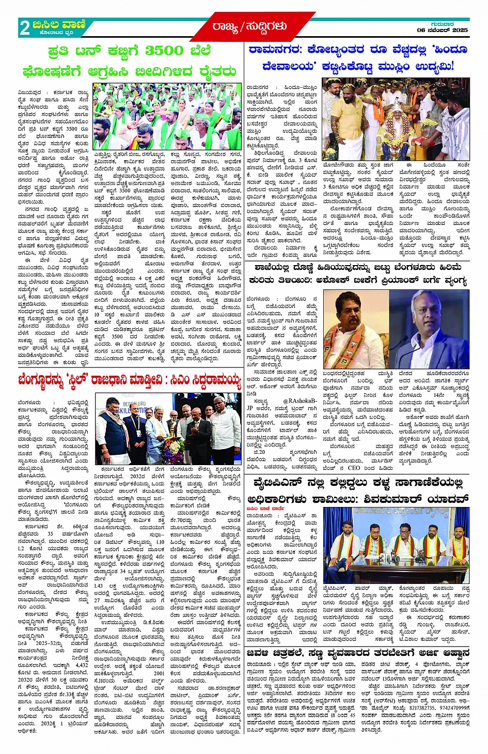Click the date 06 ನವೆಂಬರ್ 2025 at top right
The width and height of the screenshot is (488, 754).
pyautogui.click(x=443, y=30)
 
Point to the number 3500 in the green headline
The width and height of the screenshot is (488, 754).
pyautogui.click(x=164, y=51)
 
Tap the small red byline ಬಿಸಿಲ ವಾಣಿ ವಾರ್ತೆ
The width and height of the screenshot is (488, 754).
pyautogui.click(x=265, y=509)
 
